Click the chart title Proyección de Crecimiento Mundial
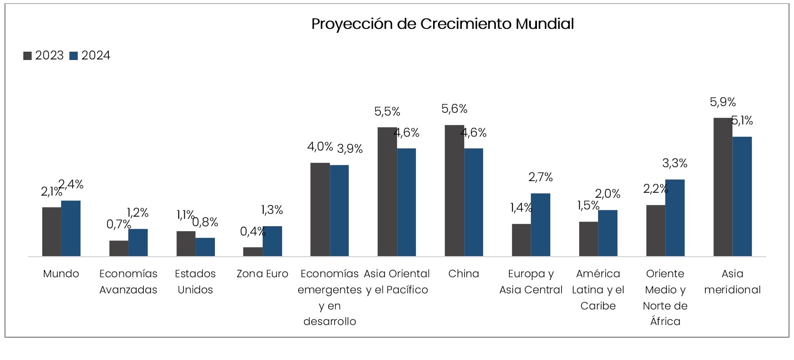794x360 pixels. pyautogui.click(x=442, y=24)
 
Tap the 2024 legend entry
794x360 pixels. pyautogui.click(x=90, y=56)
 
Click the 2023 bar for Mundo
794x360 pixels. pyautogui.click(x=52, y=232)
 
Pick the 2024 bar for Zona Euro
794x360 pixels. pyautogui.click(x=272, y=241)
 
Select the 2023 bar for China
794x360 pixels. pyautogui.click(x=454, y=191)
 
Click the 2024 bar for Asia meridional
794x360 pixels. pyautogui.click(x=742, y=197)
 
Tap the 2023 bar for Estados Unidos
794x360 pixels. pyautogui.click(x=186, y=243)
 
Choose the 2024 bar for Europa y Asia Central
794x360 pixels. pyautogui.click(x=540, y=224)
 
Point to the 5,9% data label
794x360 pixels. pyautogui.click(x=722, y=102)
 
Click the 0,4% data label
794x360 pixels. pyautogui.click(x=253, y=232)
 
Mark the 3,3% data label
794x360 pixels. pyautogui.click(x=675, y=163)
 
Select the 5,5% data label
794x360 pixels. pyautogui.click(x=387, y=111)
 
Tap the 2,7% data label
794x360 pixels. pyautogui.click(x=540, y=177)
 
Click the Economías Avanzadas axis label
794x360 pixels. pyautogui.click(x=128, y=282)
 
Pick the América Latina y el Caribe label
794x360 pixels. pyautogui.click(x=598, y=289)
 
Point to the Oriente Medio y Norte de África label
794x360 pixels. pyautogui.click(x=665, y=297)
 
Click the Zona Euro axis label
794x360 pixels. pyautogui.click(x=262, y=274)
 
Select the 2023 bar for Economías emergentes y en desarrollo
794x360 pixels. pyautogui.click(x=320, y=209)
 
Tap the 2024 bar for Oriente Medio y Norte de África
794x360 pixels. pyautogui.click(x=675, y=218)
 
